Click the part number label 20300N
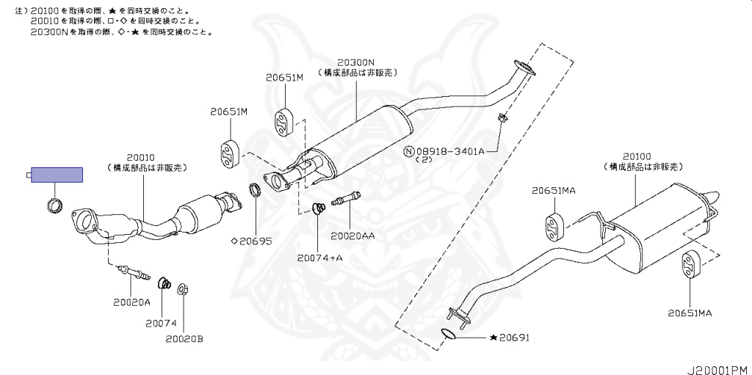[356, 62]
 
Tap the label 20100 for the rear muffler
[637, 157]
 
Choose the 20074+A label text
[319, 258]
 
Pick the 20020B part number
[184, 338]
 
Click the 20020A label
[131, 302]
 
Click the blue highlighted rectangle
[57, 175]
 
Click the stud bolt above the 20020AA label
[347, 199]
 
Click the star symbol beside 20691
[493, 338]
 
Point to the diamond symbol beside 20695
[234, 240]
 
